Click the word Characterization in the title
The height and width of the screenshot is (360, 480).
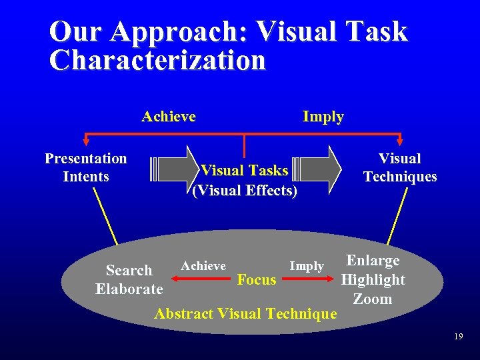pyautogui.click(x=157, y=60)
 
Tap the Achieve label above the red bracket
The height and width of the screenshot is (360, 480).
pyautogui.click(x=169, y=117)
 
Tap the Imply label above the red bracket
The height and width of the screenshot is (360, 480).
pyautogui.click(x=323, y=117)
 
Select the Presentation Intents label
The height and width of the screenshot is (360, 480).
pyautogui.click(x=85, y=167)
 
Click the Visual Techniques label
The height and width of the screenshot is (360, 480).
pyautogui.click(x=400, y=167)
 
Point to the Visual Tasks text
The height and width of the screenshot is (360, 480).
pyautogui.click(x=245, y=171)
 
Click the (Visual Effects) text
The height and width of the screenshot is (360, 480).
pyautogui.click(x=245, y=191)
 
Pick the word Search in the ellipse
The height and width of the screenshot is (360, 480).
pyautogui.click(x=129, y=271)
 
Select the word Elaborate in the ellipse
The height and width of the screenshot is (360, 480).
pyautogui.click(x=129, y=289)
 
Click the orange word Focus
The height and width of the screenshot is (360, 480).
pyautogui.click(x=257, y=280)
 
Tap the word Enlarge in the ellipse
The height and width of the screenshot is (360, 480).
pyautogui.click(x=373, y=261)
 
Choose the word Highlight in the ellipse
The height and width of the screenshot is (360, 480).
pyautogui.click(x=373, y=280)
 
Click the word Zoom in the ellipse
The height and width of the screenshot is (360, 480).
pyautogui.click(x=373, y=299)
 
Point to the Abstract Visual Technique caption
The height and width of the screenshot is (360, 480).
pyautogui.click(x=245, y=313)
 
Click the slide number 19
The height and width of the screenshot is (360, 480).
pyautogui.click(x=457, y=337)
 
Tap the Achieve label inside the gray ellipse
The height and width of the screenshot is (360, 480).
pyautogui.click(x=203, y=266)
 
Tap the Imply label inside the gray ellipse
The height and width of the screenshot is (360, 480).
pyautogui.click(x=307, y=266)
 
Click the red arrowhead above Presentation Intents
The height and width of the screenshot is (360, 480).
pyautogui.click(x=85, y=141)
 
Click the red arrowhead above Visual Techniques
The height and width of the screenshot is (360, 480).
pyautogui.click(x=400, y=141)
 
